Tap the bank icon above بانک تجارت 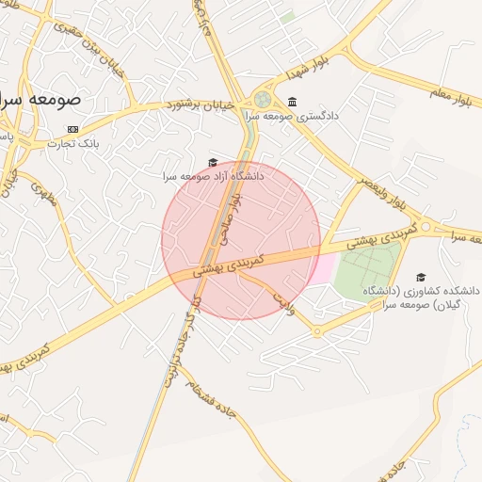tap(72, 128)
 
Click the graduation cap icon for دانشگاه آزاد tap(213, 162)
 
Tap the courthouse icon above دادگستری tap(293, 102)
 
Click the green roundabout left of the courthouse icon tap(263, 99)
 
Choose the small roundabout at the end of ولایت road tap(317, 331)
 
